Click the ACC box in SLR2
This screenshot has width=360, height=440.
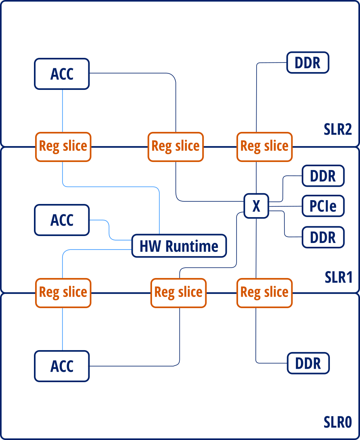coord(62,74)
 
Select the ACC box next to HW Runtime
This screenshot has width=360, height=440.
coord(62,220)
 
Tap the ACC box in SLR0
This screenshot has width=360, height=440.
coord(62,366)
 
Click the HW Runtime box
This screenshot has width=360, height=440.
coord(179,246)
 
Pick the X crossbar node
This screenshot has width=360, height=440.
coord(256,206)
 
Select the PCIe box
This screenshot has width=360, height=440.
coord(323,206)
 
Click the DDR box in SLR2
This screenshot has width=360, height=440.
coord(308,62)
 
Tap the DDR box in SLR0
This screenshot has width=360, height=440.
coord(308,363)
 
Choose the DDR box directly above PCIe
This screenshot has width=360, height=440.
coord(323,176)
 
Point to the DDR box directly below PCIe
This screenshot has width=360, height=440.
coord(323,237)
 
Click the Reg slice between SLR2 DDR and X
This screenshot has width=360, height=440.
coord(264,147)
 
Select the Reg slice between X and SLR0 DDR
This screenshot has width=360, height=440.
coord(264,292)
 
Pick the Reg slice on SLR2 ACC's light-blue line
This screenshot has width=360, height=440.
coord(63,147)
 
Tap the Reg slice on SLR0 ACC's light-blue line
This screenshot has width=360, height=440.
coord(63,292)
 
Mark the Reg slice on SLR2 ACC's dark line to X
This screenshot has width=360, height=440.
coord(176,147)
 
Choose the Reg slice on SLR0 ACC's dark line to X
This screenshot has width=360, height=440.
coord(178,292)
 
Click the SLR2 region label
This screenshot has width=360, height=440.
coord(338,130)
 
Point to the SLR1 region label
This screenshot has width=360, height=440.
coord(338,277)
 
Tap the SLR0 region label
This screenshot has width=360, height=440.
coord(338,422)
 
